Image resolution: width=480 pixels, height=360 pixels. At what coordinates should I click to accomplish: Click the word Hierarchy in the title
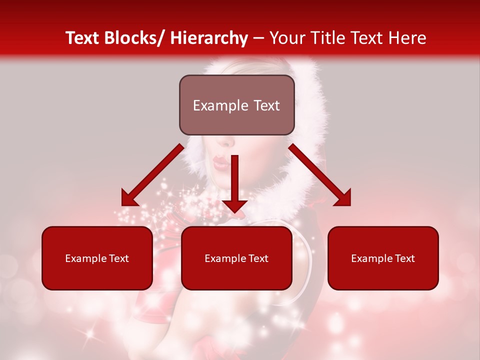point(208,38)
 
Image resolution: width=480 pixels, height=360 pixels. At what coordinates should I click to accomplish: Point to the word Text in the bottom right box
point(404,258)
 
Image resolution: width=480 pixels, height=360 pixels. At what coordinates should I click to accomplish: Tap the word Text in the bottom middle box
point(258,258)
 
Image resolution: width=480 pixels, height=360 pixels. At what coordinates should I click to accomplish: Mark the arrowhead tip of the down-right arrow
point(350,205)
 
